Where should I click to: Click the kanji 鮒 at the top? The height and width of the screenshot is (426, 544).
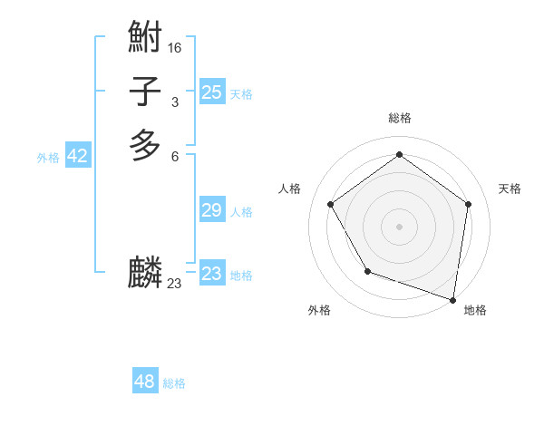tap(145, 38)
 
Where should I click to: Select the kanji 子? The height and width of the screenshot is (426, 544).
tap(145, 92)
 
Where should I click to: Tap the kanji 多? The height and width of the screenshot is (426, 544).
tap(145, 145)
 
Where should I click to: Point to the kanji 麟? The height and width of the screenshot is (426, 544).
tap(145, 272)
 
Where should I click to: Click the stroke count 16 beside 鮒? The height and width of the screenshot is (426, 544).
tap(175, 48)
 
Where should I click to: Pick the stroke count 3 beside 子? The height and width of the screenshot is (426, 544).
tap(175, 102)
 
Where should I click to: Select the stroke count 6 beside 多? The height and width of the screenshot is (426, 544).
tap(175, 156)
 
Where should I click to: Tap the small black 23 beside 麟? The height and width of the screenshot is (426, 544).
tap(175, 284)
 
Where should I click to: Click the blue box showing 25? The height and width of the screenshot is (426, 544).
tap(212, 92)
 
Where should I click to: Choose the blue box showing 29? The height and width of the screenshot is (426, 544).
tap(212, 210)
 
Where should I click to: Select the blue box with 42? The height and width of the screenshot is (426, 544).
tap(78, 156)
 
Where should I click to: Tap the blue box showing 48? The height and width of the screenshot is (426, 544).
tap(145, 382)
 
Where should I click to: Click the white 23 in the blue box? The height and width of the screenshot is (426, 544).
tap(212, 274)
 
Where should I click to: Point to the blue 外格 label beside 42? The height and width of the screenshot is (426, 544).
tap(48, 158)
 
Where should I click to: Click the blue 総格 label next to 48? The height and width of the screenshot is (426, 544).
tap(174, 383)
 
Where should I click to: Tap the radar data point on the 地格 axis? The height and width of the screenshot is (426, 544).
tap(452, 299)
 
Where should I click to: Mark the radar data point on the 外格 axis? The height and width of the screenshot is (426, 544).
tap(367, 271)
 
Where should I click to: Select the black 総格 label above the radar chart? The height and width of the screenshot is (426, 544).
tap(399, 118)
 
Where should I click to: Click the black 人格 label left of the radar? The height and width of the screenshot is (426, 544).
tap(290, 189)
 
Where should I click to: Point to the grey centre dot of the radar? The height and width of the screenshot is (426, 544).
tap(399, 227)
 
